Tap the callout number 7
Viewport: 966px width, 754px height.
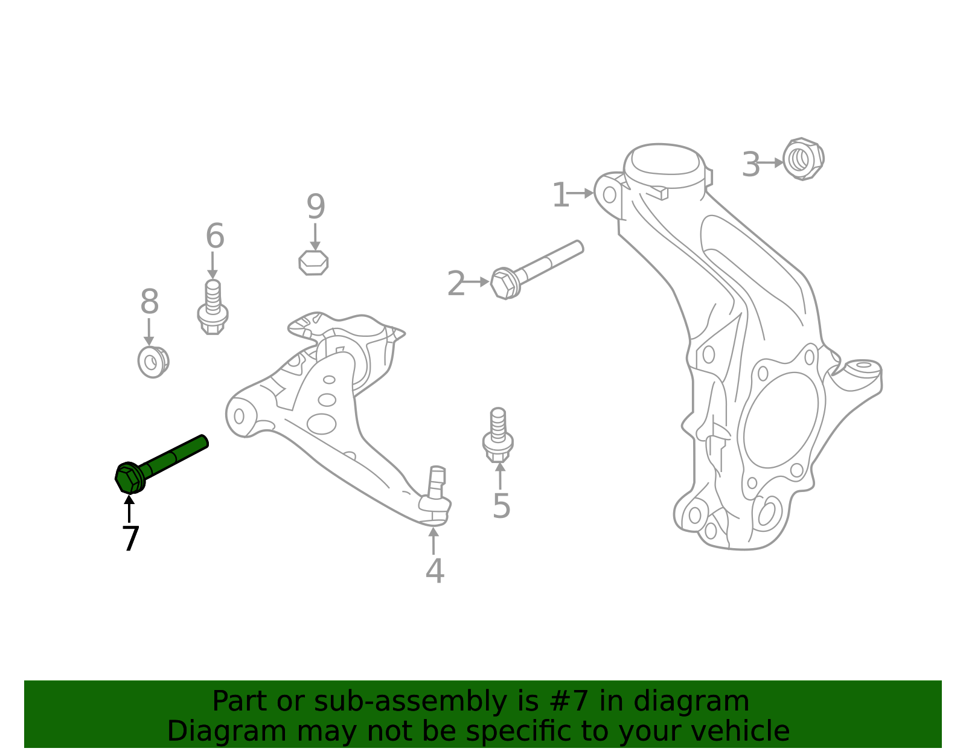coord(130,538)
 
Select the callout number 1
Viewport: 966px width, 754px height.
coord(560,196)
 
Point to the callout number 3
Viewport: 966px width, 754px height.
coord(750,165)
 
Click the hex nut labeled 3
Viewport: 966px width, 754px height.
coord(803,159)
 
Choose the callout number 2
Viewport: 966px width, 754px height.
coord(456,284)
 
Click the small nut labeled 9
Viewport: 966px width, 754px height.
coord(314,263)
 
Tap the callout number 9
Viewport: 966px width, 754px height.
coord(316,207)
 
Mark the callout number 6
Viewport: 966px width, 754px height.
coord(215,236)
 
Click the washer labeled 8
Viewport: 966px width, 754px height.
coord(153,362)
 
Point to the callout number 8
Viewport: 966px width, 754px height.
coord(149,302)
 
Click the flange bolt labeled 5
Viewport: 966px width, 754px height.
coord(498,435)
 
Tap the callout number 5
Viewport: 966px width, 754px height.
coord(501,506)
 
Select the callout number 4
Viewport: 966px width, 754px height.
coord(435,571)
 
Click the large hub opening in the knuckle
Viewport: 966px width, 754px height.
coord(781,420)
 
